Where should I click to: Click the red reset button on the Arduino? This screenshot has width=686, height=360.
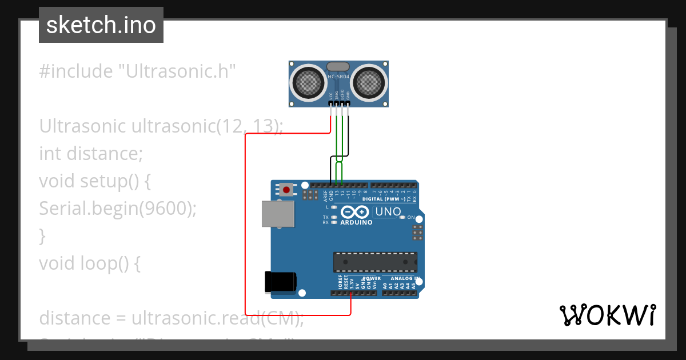click(286, 189)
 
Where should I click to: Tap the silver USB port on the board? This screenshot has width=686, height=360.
click(278, 214)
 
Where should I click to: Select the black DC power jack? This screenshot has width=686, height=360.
click(280, 282)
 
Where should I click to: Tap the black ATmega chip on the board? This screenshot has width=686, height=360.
click(375, 261)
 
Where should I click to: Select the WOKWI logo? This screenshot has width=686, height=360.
click(608, 315)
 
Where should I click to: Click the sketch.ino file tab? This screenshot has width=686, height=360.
click(101, 25)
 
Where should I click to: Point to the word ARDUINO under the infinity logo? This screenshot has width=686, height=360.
click(356, 223)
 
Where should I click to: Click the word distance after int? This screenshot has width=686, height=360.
click(104, 154)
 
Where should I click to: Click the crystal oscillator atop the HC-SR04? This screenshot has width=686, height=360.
click(339, 67)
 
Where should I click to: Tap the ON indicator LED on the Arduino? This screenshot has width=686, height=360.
click(402, 217)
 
